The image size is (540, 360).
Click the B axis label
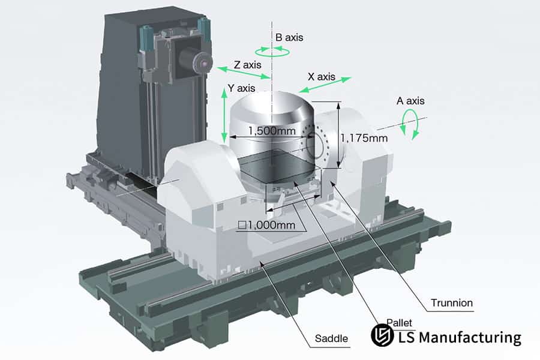[x=289, y=37]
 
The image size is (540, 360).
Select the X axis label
[x=321, y=77]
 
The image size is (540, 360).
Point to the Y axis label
[x=242, y=88]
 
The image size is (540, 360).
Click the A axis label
[x=410, y=101]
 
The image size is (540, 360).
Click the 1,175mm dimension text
[x=364, y=138]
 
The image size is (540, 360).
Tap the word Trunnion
[x=452, y=303]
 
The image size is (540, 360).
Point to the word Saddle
[x=331, y=339]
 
